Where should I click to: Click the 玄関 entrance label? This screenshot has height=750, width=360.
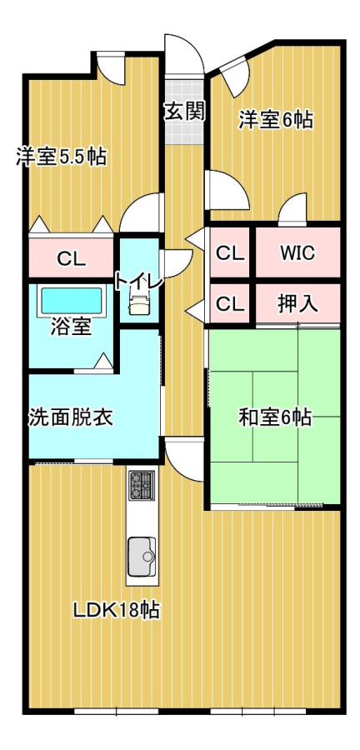(x=185, y=112)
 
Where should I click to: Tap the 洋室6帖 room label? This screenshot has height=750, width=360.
(x=276, y=120)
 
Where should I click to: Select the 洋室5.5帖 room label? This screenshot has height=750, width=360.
(x=61, y=157)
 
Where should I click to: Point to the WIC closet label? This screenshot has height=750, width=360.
(x=297, y=252)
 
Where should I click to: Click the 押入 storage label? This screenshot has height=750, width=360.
(x=297, y=303)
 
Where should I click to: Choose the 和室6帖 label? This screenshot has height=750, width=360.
(x=275, y=417)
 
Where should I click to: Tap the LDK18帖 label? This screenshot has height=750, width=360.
(x=116, y=610)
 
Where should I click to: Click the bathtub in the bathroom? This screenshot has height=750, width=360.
(x=72, y=300)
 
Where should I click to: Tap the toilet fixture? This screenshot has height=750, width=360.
(x=139, y=304)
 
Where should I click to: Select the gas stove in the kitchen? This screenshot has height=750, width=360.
(x=142, y=485)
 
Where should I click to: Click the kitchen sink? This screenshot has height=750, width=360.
(x=142, y=557)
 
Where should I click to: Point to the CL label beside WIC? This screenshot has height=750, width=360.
(x=230, y=253)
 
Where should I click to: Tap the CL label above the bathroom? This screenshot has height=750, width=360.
(x=72, y=259)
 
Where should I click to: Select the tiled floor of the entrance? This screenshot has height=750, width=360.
(x=185, y=110)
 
